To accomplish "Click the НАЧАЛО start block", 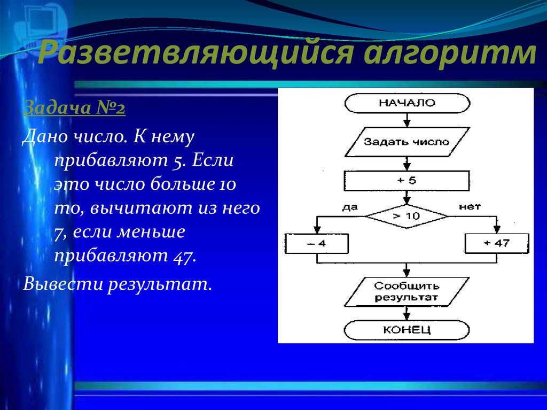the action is coord(407,103).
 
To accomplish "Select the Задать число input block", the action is coord(407,142).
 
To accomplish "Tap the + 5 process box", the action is coord(407,180).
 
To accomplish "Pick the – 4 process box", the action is coord(317,244).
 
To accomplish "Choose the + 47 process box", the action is coord(497,243).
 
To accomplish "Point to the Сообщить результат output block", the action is coord(407,291).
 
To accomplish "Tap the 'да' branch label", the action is coord(350,207).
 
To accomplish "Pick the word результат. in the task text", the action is coord(159,283).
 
